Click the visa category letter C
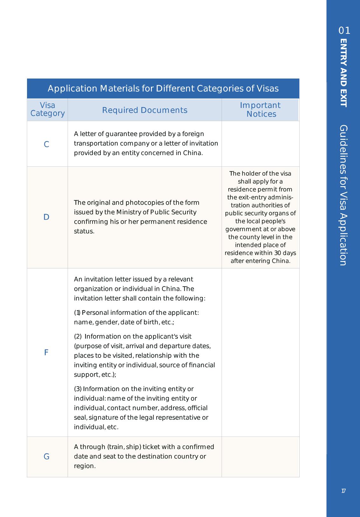pos(46,145)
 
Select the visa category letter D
pos(46,217)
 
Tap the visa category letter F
pos(46,352)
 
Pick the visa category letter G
pos(46,457)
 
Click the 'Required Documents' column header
pos(145,110)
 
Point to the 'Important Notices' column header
pos(260,110)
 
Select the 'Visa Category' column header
pos(47,109)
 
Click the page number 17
pos(343,491)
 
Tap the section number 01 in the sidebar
pos(344,31)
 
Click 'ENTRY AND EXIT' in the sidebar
pos(343,73)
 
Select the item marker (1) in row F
pos(77,313)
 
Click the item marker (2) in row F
pos(78,337)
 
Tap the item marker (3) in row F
pos(78,389)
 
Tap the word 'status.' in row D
pos(84,231)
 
